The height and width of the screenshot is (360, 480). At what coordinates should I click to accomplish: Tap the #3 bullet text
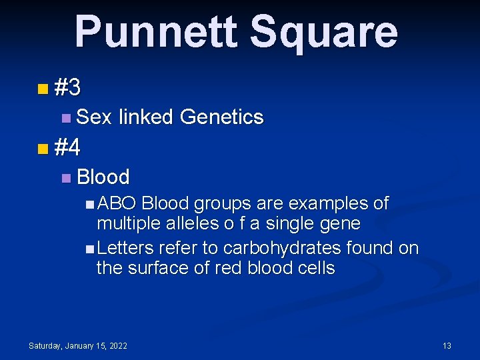68,87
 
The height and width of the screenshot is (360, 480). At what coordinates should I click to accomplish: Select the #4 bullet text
68,147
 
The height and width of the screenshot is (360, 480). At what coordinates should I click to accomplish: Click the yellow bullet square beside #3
43,88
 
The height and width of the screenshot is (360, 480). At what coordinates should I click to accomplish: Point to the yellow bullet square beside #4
43,148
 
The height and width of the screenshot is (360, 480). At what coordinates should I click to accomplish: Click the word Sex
94,117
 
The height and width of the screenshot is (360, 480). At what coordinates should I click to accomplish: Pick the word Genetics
222,117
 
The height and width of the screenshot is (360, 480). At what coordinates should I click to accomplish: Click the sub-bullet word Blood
103,177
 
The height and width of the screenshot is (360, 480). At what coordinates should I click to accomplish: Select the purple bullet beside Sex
65,118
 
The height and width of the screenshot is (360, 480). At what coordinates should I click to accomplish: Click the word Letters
125,248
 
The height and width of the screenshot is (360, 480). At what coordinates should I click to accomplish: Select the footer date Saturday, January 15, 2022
78,345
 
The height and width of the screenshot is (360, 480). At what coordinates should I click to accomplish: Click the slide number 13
447,345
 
